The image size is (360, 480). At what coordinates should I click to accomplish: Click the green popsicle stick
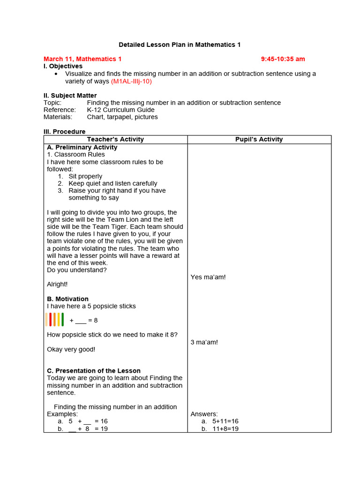click(x=62, y=319)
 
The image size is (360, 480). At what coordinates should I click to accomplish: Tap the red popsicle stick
click(x=51, y=319)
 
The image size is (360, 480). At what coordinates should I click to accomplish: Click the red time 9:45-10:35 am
click(x=283, y=59)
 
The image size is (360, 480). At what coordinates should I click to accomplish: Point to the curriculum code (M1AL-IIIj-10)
click(x=131, y=81)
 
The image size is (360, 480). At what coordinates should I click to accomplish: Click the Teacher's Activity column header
click(x=115, y=139)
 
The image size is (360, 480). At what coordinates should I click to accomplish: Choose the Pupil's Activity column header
click(x=259, y=139)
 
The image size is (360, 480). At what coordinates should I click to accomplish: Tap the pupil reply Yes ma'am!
click(x=208, y=277)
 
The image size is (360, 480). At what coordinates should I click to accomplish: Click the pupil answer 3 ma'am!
click(x=204, y=342)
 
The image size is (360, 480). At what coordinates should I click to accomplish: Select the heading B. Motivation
click(x=67, y=299)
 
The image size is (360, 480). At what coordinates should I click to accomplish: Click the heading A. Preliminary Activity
click(x=82, y=147)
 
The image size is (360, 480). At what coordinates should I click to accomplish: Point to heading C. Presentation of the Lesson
click(x=94, y=371)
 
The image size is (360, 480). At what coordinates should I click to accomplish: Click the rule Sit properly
click(x=85, y=176)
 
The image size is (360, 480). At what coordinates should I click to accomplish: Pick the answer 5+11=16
click(x=225, y=421)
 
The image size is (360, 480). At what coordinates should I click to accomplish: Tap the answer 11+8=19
click(x=225, y=429)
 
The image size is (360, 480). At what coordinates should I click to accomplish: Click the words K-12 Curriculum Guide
click(x=120, y=110)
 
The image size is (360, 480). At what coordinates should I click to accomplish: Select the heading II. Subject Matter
click(x=70, y=96)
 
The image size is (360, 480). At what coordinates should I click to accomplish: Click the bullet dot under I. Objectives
click(x=56, y=74)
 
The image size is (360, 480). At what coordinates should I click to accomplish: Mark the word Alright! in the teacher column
click(x=57, y=284)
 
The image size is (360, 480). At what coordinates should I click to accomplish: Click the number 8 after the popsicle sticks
click(x=96, y=321)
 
